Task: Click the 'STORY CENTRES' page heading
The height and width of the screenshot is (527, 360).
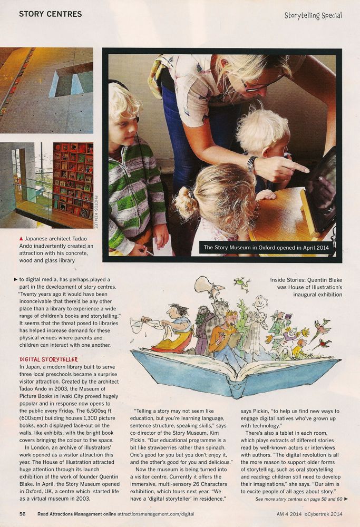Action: click(x=51, y=14)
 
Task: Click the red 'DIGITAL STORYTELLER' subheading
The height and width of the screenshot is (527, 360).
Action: click(x=49, y=359)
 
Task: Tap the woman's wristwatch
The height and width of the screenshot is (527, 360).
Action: click(x=252, y=164)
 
